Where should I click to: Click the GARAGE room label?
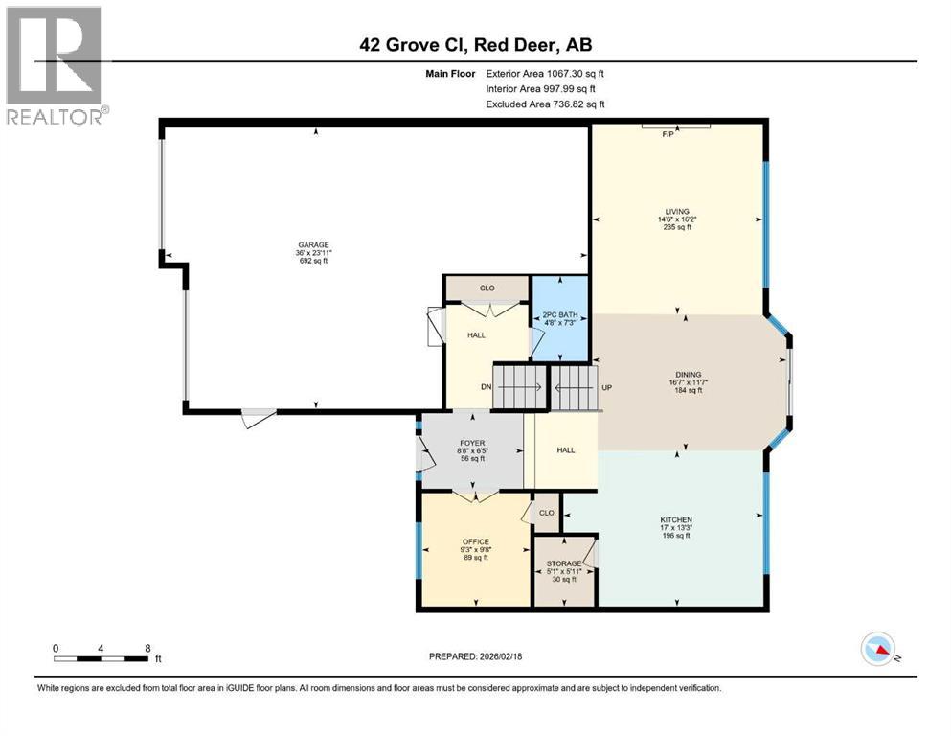313,244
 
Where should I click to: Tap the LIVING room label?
677,212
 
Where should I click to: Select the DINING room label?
688,375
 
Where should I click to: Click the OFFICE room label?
475,543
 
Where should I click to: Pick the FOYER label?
470,442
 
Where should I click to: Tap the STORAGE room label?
563,563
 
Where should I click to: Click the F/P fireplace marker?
668,134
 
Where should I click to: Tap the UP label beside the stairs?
606,387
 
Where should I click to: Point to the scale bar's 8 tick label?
147,648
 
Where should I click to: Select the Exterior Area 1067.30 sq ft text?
545,73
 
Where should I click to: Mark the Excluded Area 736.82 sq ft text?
545,103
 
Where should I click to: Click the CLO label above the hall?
487,287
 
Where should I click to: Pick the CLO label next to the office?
546,513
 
